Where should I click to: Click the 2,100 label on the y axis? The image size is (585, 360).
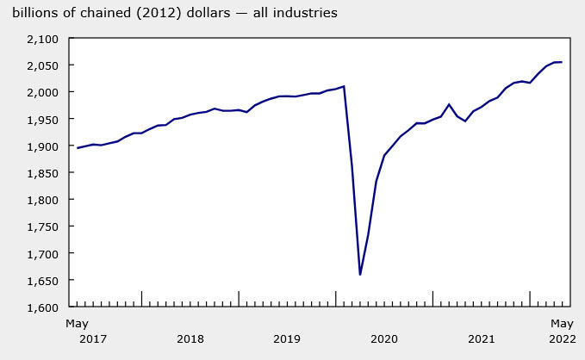(x=40, y=39)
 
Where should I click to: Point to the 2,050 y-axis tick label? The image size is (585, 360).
(x=40, y=65)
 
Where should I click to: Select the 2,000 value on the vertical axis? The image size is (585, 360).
(x=40, y=92)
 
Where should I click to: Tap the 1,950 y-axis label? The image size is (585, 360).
(x=40, y=119)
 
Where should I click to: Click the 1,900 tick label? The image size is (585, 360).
(x=40, y=146)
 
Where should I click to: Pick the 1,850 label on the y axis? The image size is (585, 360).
(x=40, y=173)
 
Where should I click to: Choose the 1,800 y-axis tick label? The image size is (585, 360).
(x=40, y=200)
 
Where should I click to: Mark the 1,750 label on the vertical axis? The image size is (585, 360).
(x=40, y=227)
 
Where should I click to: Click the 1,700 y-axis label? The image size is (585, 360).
(x=40, y=254)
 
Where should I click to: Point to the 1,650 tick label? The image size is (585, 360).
(x=40, y=281)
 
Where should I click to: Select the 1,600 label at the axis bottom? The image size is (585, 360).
(x=40, y=307)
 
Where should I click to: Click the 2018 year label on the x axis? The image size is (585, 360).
(x=190, y=338)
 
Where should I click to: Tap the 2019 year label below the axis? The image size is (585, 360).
(x=287, y=338)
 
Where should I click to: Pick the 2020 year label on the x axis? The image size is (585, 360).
(x=384, y=338)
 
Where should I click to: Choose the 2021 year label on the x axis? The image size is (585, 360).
(x=481, y=338)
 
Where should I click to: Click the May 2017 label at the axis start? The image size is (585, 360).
(x=78, y=331)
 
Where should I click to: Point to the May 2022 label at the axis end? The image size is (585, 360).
(x=562, y=331)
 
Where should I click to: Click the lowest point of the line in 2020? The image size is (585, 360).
(x=359, y=275)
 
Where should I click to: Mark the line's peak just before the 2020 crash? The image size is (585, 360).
(x=344, y=86)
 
